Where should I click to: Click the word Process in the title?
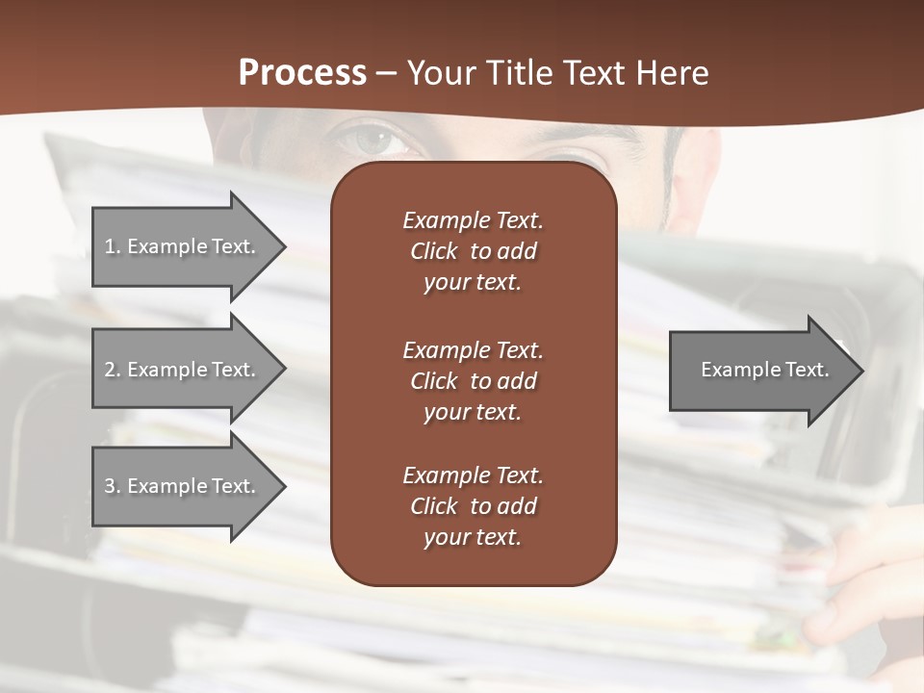tap(302, 73)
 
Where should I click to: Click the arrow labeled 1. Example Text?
tap(183, 246)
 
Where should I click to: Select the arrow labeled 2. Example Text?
tap(183, 370)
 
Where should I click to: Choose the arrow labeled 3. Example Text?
tap(183, 486)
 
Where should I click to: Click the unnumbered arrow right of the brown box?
tap(760, 370)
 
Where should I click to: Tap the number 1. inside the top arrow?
tap(113, 246)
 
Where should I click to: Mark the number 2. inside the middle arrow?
tap(113, 370)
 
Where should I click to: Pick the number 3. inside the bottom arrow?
tap(113, 486)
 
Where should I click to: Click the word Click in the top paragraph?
tap(433, 251)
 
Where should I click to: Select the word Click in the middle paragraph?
tap(433, 381)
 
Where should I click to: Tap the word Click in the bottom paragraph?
tap(433, 506)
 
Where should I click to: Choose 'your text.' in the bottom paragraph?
tap(473, 537)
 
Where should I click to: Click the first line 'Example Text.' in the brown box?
tap(473, 220)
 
